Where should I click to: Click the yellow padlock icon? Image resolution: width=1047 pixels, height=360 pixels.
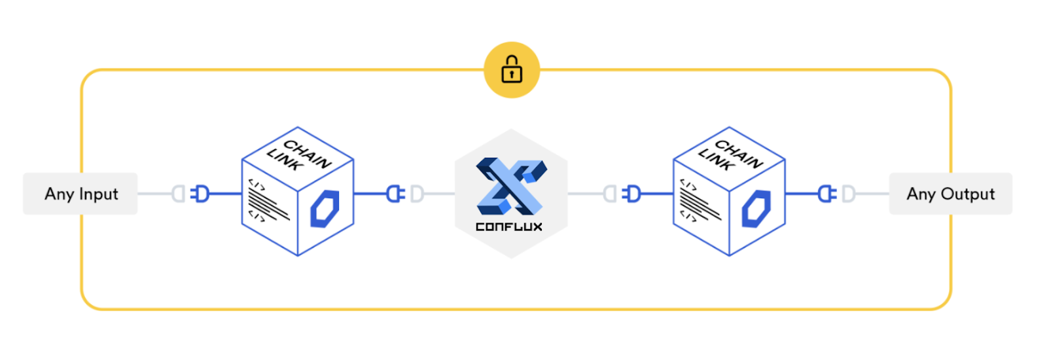click(512, 70)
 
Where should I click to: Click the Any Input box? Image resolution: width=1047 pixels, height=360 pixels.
click(80, 194)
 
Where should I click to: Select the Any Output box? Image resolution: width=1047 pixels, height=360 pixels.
click(951, 194)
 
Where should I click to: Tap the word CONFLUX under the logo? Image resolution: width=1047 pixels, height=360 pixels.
click(509, 226)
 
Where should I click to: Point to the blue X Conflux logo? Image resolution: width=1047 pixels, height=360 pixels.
click(511, 186)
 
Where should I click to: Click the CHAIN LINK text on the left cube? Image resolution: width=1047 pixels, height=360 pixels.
click(298, 155)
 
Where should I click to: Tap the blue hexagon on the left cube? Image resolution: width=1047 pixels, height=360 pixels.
click(325, 209)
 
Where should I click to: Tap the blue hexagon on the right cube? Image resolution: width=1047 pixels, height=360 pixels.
click(756, 209)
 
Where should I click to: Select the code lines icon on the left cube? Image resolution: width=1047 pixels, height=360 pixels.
click(268, 200)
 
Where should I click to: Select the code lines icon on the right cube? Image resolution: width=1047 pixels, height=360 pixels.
click(700, 200)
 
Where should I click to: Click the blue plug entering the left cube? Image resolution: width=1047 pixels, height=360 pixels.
click(200, 194)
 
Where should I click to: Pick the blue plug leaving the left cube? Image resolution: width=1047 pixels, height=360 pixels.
click(395, 194)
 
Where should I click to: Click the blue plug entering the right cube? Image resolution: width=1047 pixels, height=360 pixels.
click(631, 194)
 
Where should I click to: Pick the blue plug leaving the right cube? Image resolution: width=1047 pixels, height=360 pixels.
click(827, 194)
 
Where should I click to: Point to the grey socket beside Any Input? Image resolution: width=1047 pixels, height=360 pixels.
click(179, 194)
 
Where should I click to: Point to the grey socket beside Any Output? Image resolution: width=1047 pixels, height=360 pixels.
click(848, 194)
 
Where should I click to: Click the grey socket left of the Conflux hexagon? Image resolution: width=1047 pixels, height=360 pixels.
click(417, 194)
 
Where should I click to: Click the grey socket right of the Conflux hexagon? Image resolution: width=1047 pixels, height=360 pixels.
click(610, 194)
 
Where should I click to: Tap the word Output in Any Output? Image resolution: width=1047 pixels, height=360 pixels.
click(968, 194)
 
